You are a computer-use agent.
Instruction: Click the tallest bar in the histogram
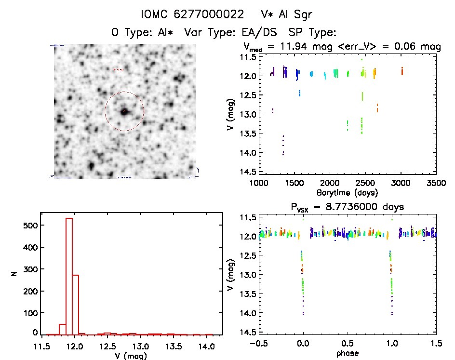(69, 275)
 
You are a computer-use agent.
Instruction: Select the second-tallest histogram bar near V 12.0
(75, 304)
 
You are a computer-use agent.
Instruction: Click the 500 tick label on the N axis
(29, 225)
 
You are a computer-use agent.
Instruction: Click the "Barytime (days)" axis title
(347, 192)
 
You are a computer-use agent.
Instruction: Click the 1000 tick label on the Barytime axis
(259, 184)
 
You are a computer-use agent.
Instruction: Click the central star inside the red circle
(124, 111)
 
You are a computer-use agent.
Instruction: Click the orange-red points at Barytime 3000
(402, 71)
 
